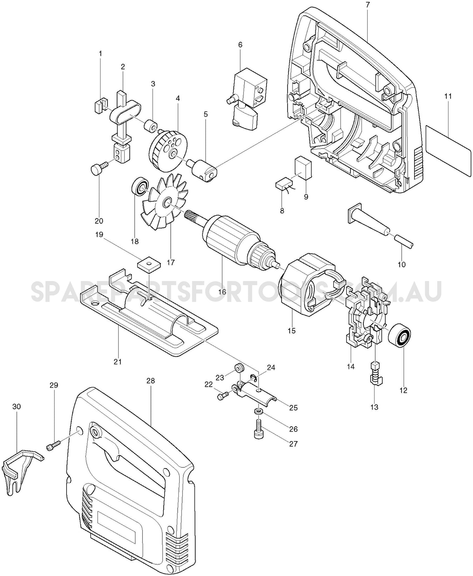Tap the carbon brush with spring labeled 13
tap(375, 375)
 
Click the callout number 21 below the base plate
tap(118, 362)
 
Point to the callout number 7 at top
tap(367, 5)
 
